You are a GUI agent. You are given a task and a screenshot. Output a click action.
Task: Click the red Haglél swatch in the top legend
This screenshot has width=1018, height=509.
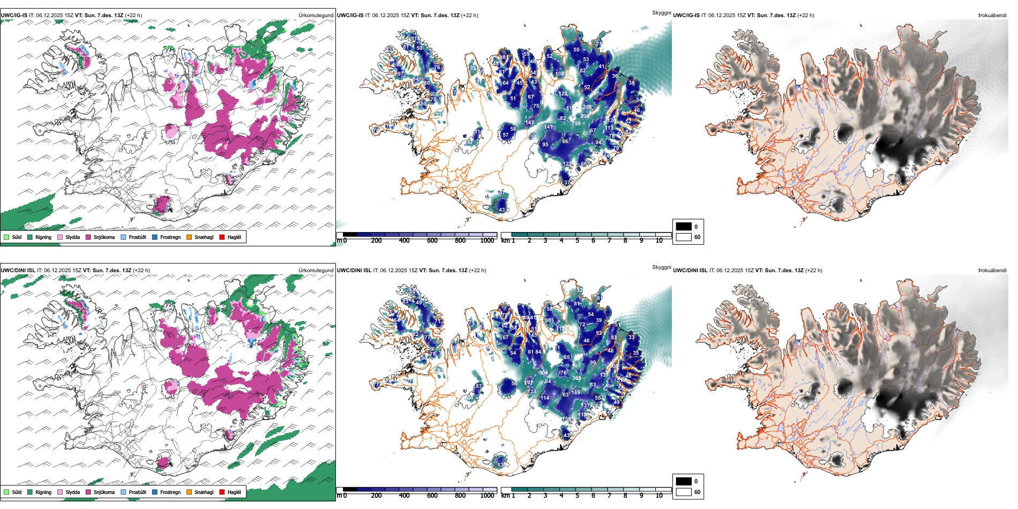pyautogui.click(x=222, y=237)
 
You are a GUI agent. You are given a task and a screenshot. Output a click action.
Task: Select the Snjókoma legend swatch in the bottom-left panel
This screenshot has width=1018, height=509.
pyautogui.click(x=88, y=492)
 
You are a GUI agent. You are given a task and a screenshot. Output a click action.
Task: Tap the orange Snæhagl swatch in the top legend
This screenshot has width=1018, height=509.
pyautogui.click(x=189, y=237)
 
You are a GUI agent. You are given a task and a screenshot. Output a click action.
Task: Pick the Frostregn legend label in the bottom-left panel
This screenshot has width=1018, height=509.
pyautogui.click(x=170, y=492)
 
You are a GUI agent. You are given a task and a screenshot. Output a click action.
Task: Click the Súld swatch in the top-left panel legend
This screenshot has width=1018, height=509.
pyautogui.click(x=6, y=237)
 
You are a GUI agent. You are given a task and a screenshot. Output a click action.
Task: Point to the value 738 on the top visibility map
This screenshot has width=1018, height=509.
pyautogui.click(x=576, y=124)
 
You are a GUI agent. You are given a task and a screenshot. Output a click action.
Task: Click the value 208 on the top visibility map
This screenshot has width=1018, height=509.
pyautogui.click(x=587, y=107)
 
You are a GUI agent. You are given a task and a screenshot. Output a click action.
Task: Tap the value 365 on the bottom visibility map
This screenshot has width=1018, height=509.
pyautogui.click(x=577, y=378)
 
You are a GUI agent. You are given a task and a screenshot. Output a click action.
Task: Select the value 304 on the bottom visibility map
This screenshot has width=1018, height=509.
pyautogui.click(x=543, y=373)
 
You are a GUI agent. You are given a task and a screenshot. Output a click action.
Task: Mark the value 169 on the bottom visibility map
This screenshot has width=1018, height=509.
pyautogui.click(x=575, y=393)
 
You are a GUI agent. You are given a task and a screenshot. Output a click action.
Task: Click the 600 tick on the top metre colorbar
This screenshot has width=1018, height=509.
pyautogui.click(x=432, y=241)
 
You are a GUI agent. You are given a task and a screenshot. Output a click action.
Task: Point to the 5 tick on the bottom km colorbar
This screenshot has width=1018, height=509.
pyautogui.click(x=577, y=496)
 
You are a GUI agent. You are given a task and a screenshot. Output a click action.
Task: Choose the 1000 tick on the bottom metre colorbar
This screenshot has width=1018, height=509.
pyautogui.click(x=487, y=496)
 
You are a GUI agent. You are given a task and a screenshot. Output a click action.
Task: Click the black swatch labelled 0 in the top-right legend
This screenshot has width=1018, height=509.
pyautogui.click(x=684, y=227)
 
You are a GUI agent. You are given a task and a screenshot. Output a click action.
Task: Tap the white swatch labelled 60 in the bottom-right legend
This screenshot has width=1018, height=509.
pyautogui.click(x=684, y=492)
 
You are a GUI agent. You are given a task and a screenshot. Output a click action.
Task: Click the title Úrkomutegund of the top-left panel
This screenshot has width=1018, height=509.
pyautogui.click(x=316, y=15)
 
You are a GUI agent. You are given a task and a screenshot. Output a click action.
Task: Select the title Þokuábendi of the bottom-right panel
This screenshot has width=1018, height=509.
pyautogui.click(x=992, y=270)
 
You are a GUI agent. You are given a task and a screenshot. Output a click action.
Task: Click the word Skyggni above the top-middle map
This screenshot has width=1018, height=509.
pyautogui.click(x=661, y=12)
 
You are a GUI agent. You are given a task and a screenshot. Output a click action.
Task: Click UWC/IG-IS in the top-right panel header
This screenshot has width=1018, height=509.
pyautogui.click(x=686, y=15)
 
